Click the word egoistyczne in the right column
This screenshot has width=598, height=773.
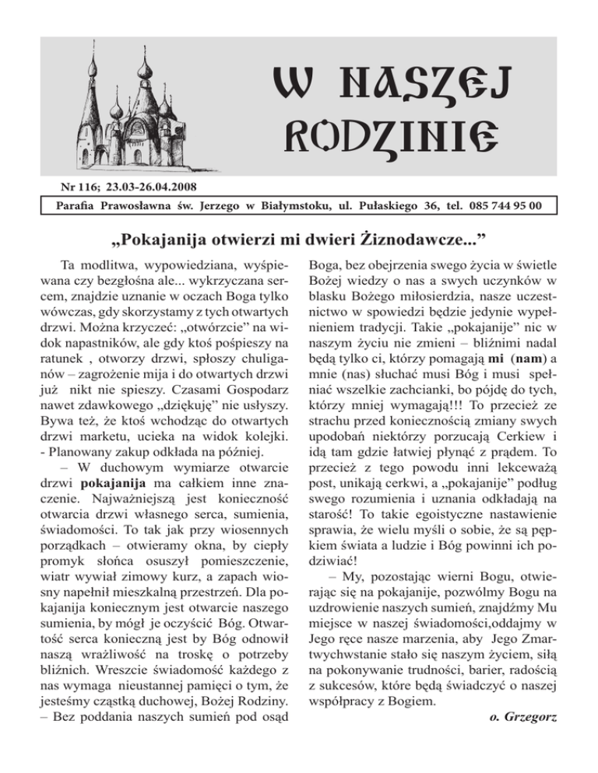click(x=441, y=557)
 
